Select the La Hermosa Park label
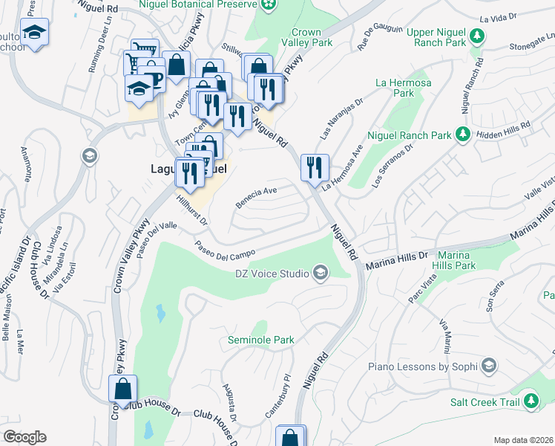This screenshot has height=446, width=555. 395,88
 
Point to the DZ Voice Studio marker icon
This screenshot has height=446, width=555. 321,274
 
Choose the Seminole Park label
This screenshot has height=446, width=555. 260,340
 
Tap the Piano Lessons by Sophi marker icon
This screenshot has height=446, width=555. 489,366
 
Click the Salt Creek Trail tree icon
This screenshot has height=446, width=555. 531,402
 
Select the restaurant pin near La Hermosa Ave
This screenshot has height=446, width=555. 315,166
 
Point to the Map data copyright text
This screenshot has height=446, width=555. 523,440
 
